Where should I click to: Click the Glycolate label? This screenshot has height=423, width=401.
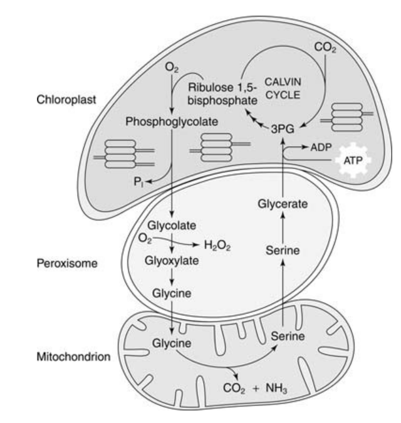pyautogui.click(x=167, y=224)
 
